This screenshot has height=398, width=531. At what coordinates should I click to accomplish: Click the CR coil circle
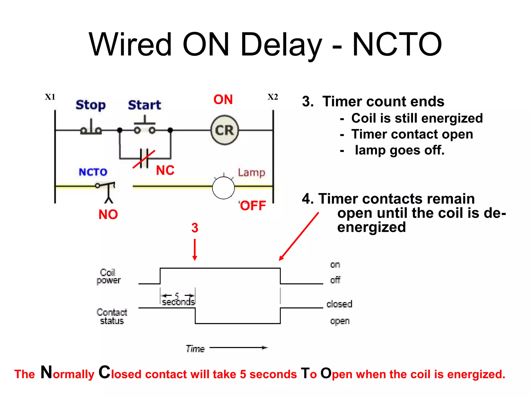tap(225, 130)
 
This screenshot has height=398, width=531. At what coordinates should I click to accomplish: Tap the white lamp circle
tap(223, 188)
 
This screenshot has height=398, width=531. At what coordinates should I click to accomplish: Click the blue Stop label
tap(91, 105)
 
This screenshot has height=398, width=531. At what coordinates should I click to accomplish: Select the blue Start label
tap(144, 105)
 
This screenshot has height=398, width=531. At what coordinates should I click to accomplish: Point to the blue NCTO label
tap(93, 172)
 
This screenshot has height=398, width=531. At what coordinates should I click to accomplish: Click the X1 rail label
tap(50, 97)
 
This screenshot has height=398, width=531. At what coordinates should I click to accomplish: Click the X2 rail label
tap(273, 97)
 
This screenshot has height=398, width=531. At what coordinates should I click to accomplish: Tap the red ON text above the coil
tap(223, 99)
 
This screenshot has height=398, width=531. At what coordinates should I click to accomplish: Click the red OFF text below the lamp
tap(253, 206)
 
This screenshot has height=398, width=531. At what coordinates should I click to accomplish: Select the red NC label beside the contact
tap(165, 170)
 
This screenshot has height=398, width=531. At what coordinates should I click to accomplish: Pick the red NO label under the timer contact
tap(108, 215)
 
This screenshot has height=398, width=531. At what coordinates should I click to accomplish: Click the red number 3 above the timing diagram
tap(195, 228)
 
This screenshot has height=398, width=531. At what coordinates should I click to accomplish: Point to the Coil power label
tap(108, 276)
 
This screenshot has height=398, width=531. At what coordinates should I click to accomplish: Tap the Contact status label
tap(112, 316)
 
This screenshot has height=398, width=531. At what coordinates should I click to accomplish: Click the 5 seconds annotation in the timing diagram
tap(178, 299)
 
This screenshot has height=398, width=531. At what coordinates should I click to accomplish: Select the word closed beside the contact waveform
tap(339, 304)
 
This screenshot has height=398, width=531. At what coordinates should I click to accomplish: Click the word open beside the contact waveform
tap(340, 321)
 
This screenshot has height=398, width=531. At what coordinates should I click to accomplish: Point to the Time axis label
tap(195, 349)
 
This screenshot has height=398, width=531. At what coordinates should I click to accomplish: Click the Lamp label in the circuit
tap(251, 173)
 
